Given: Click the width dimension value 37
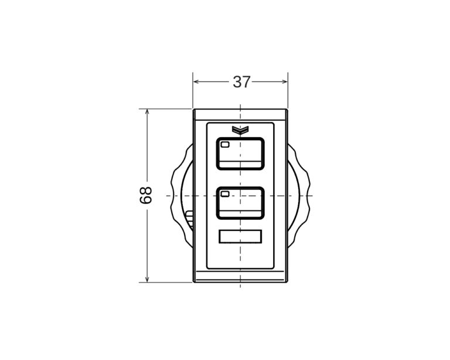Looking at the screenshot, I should pyautogui.click(x=241, y=82).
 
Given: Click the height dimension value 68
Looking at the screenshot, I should pyautogui.click(x=146, y=195).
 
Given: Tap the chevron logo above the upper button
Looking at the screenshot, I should pyautogui.click(x=240, y=130).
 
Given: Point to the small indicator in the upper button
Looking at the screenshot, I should pyautogui.click(x=225, y=144).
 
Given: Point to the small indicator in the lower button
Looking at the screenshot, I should pyautogui.click(x=225, y=193).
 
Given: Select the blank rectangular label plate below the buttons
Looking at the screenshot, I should pyautogui.click(x=240, y=236).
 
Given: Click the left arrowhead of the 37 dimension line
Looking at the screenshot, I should pyautogui.click(x=196, y=82).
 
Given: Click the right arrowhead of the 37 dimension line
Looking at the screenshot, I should pyautogui.click(x=284, y=82).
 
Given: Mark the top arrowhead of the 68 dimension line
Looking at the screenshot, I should pyautogui.click(x=146, y=113).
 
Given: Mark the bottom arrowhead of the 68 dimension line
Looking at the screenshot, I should pyautogui.click(x=146, y=279).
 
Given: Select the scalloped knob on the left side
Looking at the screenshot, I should pyautogui.click(x=181, y=195).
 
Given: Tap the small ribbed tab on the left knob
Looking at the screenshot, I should pyautogui.click(x=189, y=219).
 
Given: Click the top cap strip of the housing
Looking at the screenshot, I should pyautogui.click(x=240, y=115).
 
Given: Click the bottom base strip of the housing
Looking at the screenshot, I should pyautogui.click(x=240, y=278).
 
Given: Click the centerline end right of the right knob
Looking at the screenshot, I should pyautogui.click(x=311, y=195).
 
